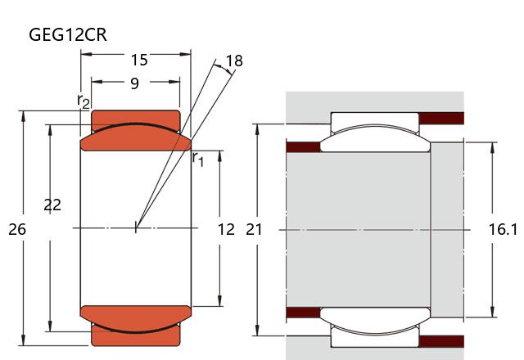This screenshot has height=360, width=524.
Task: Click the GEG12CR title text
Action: pos(68,34)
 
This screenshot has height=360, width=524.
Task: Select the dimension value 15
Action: pos(139,59)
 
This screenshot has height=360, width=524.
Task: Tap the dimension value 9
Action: pos(134,83)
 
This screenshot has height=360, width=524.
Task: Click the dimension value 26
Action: pos(16,230)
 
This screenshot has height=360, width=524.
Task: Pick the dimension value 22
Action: pos(52,205)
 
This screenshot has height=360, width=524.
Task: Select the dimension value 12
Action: pos(226,230)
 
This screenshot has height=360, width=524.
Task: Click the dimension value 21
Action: pos(255,230)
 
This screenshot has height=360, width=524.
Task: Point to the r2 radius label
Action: pos(84,101)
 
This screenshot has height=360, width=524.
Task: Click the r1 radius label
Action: pos(197,158)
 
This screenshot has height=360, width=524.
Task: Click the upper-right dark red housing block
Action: pos(441,118)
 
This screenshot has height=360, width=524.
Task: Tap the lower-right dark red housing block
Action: pos(441,341)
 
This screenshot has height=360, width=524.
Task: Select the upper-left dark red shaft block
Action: pos(302,147)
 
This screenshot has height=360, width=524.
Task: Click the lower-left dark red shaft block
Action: pos(302,312)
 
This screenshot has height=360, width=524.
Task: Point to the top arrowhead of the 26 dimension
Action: pos(23,115)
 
